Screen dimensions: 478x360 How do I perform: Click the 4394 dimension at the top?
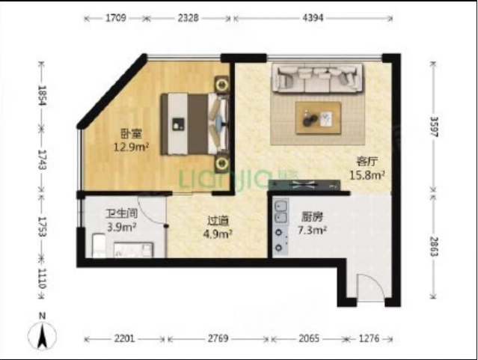[313, 18]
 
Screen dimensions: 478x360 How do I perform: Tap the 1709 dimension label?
[115, 18]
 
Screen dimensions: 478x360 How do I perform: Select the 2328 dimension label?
[188, 18]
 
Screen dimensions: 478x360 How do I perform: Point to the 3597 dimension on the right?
[434, 126]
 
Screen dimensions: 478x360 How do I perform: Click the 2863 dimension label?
[434, 246]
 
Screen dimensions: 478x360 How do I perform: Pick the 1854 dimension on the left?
[42, 95]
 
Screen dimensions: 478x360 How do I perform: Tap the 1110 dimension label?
[42, 278]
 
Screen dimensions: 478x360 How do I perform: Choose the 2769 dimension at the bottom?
[218, 338]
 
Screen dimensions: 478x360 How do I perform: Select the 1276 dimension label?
[369, 338]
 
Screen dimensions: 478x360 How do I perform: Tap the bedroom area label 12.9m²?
[132, 147]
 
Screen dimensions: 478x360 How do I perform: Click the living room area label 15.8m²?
[367, 175]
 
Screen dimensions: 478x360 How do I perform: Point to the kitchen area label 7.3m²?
[312, 230]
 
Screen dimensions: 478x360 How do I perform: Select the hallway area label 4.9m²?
[218, 234]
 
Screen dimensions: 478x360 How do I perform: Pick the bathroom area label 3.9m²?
[121, 227]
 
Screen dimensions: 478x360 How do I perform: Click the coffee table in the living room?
[318, 118]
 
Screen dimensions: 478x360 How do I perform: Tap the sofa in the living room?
[318, 78]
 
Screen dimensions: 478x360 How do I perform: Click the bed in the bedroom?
[195, 123]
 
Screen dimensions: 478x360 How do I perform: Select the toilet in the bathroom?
[99, 245]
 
